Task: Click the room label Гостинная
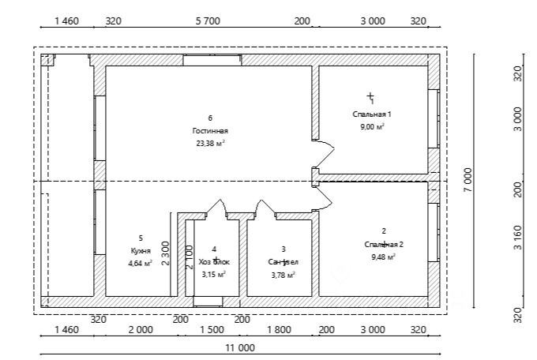tap(210, 131)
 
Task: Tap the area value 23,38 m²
tap(210, 144)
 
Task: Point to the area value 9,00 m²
tap(372, 126)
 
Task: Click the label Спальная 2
tap(384, 244)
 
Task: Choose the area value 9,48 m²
tap(384, 257)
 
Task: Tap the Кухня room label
tap(141, 250)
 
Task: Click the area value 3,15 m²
tap(213, 275)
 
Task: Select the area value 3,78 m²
tap(283, 275)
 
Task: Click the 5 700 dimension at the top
tap(207, 21)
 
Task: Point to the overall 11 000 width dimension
tap(240, 347)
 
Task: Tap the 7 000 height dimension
tap(468, 180)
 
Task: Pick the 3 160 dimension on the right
tap(517, 238)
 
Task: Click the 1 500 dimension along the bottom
tap(212, 329)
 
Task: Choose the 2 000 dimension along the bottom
tap(141, 329)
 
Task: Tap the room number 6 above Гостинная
tap(210, 118)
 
